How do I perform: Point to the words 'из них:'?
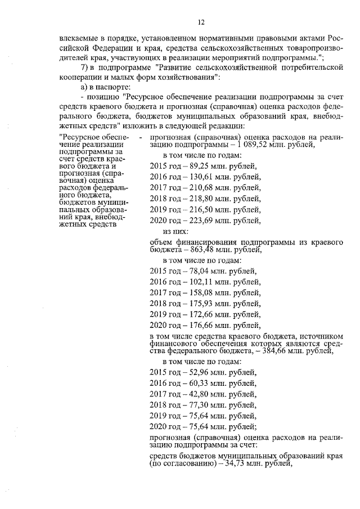[x=175, y=231]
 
